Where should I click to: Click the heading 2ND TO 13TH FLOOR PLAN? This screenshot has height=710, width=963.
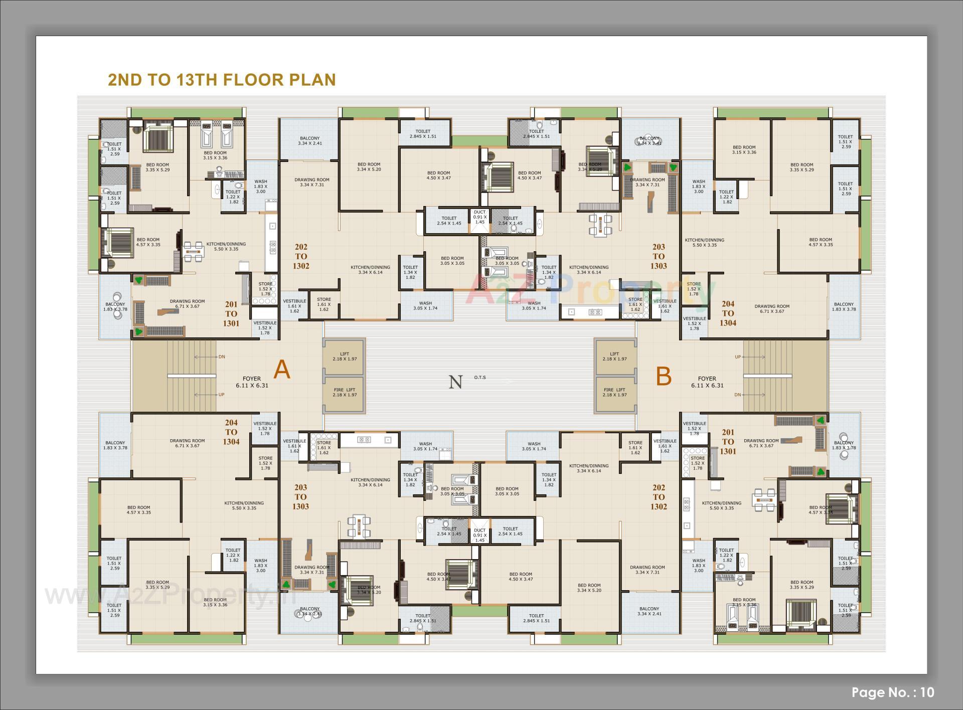click(222, 80)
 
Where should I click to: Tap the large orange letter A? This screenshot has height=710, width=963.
click(282, 371)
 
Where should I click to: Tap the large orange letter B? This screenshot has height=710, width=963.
click(664, 376)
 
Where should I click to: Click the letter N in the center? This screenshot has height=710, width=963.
click(455, 382)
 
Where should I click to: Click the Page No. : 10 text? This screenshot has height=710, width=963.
click(893, 692)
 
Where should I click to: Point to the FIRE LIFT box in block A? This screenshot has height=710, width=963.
click(344, 393)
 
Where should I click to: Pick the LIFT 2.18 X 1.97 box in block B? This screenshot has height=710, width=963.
click(614, 357)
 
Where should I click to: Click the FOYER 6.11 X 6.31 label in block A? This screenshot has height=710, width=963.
click(252, 382)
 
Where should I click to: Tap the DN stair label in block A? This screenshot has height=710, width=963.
click(222, 357)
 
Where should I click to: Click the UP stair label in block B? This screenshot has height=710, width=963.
click(738, 357)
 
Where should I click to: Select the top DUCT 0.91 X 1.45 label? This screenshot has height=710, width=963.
click(480, 217)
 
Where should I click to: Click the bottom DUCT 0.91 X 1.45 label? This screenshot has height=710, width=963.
click(480, 535)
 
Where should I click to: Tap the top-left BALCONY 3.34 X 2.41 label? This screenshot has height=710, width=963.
click(309, 141)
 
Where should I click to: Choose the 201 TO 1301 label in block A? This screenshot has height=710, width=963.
click(231, 313)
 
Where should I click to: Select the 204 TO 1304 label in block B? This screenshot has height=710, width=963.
click(728, 313)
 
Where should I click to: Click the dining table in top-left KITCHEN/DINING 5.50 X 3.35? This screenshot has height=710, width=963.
click(194, 252)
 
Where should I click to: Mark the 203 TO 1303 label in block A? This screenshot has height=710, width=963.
click(300, 496)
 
